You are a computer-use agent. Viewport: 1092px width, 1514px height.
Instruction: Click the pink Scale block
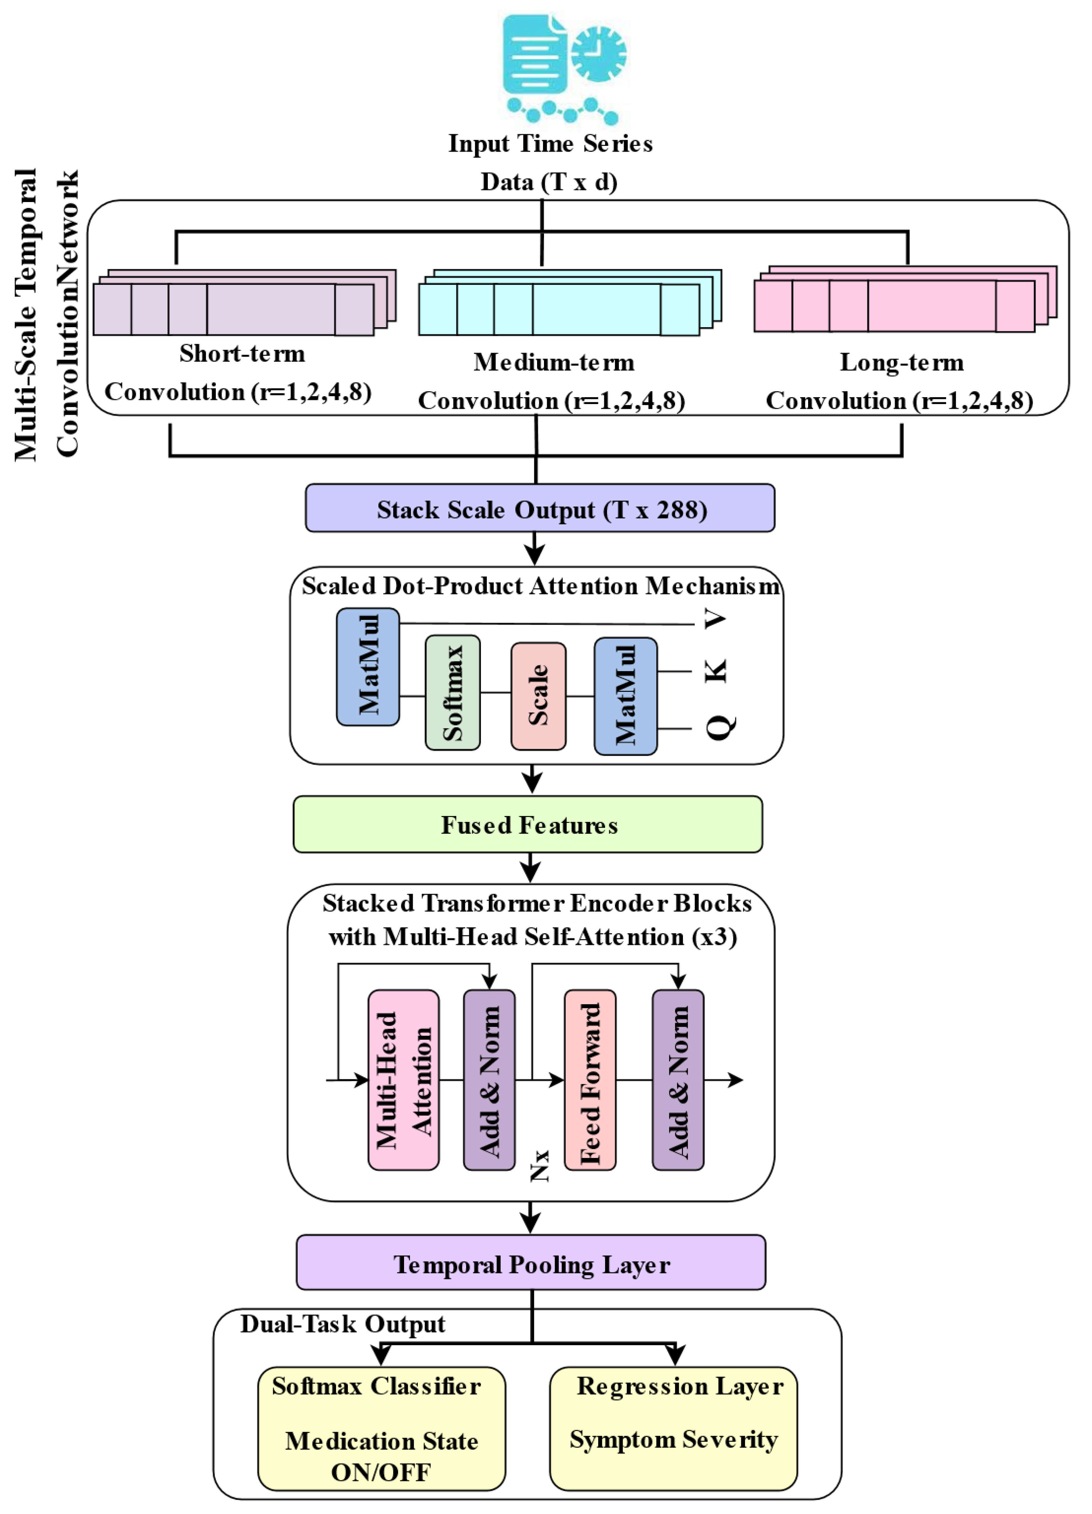[x=538, y=696]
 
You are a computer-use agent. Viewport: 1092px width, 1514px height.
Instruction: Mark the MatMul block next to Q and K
[x=626, y=696]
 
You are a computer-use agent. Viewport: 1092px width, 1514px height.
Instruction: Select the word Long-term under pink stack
[x=901, y=362]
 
